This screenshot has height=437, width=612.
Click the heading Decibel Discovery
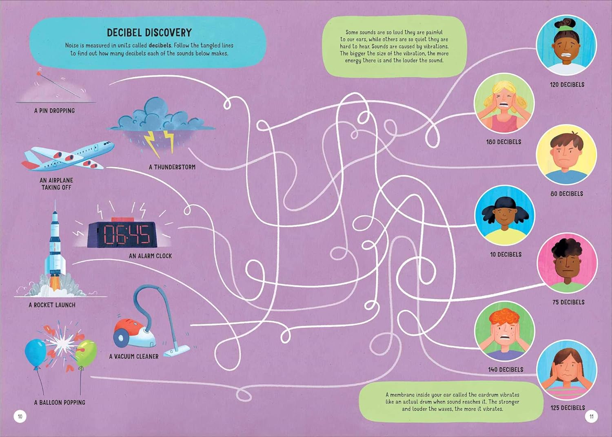[x=149, y=33]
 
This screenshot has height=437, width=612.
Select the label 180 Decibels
[x=503, y=142]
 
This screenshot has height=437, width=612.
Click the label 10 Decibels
[x=506, y=254]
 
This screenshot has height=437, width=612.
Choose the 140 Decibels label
[x=506, y=369]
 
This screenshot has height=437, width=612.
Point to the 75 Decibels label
[x=568, y=302]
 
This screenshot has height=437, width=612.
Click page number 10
[x=20, y=416]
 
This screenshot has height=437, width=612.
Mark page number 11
[x=592, y=416]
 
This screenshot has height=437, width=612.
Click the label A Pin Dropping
[x=54, y=110]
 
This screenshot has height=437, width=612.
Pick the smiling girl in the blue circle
[x=504, y=215]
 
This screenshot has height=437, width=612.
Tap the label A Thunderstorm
[x=172, y=167]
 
